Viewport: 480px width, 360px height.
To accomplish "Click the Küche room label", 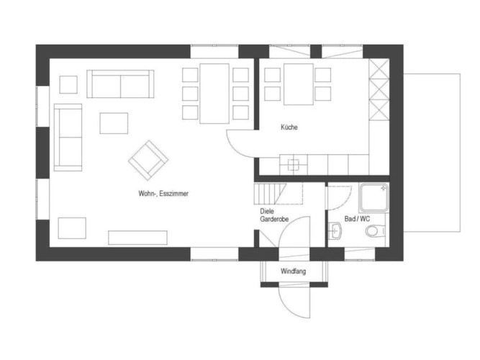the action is (x=289, y=127).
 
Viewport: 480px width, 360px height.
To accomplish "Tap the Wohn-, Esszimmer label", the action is (x=163, y=194).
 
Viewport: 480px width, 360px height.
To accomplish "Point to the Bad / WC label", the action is (x=357, y=219).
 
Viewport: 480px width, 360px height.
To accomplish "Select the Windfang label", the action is (x=294, y=271).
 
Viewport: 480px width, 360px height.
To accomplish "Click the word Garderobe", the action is (x=274, y=219).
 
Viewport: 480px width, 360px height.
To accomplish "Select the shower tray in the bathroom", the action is (x=373, y=197).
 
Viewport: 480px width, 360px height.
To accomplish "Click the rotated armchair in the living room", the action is (x=148, y=161).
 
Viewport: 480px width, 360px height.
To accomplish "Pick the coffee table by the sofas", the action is (x=114, y=123).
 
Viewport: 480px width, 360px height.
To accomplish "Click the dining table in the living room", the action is (x=214, y=94).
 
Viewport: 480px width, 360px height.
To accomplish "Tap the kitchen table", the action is (x=299, y=84).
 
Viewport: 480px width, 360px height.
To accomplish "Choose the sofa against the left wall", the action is (x=68, y=138).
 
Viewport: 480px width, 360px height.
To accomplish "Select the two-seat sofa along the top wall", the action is (x=120, y=84).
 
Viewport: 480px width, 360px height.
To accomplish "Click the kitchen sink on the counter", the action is (x=294, y=165).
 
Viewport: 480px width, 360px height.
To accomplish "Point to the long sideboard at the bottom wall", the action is (x=137, y=238).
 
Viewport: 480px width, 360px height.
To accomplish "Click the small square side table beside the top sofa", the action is (x=68, y=84).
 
